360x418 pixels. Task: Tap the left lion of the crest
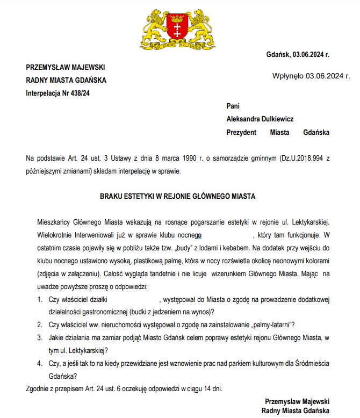tap(156, 27)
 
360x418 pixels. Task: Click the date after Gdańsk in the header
tap(311, 54)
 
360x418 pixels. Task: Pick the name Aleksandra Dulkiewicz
tap(260, 119)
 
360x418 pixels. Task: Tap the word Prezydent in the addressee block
tap(241, 132)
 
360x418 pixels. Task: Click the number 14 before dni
tap(196, 388)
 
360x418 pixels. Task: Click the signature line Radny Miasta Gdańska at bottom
tap(295, 411)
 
